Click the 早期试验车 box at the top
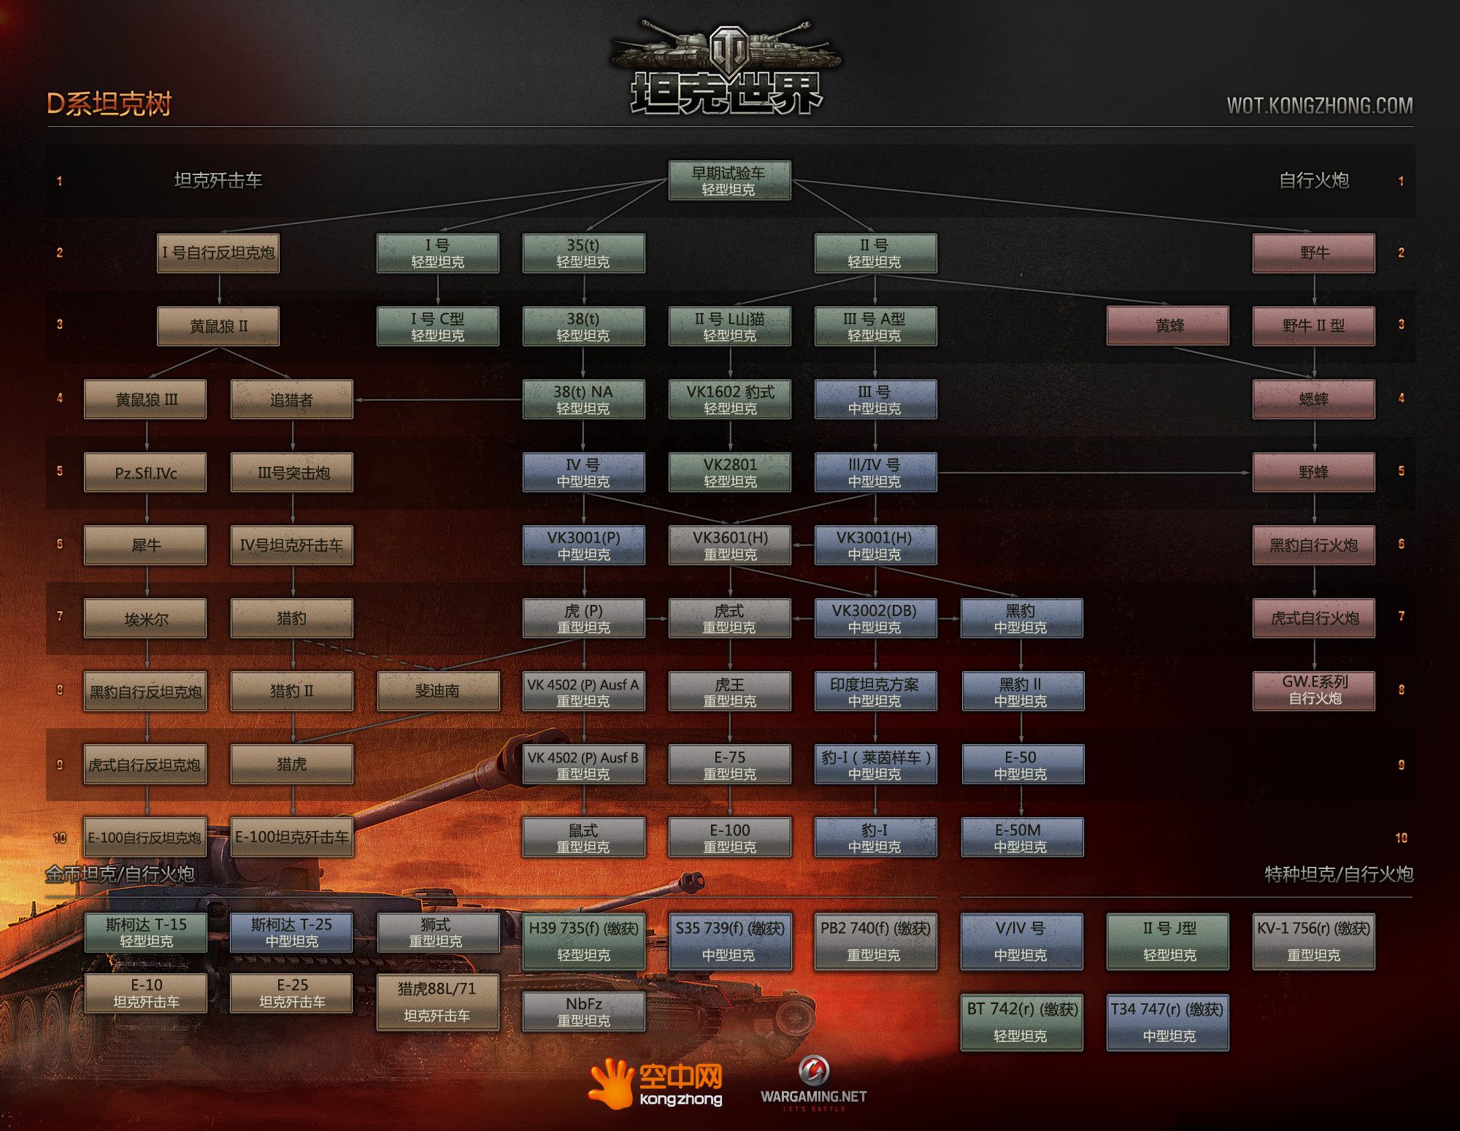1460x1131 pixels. pos(729,180)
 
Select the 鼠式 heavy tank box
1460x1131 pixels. pos(583,837)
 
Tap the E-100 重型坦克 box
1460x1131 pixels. pos(729,837)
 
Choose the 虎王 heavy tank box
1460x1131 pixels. pos(729,691)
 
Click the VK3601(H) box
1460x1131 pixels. pos(729,545)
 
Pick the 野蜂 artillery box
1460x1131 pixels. pos(1314,472)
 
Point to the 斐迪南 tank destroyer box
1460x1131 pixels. pos(438,691)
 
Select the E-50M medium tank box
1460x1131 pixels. pos(1022,837)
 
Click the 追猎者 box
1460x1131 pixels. pos(292,399)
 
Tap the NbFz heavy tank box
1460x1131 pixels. pos(584,1012)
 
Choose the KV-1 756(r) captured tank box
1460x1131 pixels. pos(1314,942)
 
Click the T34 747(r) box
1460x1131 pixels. pos(1168,1022)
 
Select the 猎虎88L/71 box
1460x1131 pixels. pos(438,1003)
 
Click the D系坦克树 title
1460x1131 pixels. pos(109,104)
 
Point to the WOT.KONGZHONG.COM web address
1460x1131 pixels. pos(1320,106)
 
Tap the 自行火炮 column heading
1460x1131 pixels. pos(1314,180)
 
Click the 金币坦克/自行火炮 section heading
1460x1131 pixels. pos(120,874)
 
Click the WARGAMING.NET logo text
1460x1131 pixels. pos(813,1096)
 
